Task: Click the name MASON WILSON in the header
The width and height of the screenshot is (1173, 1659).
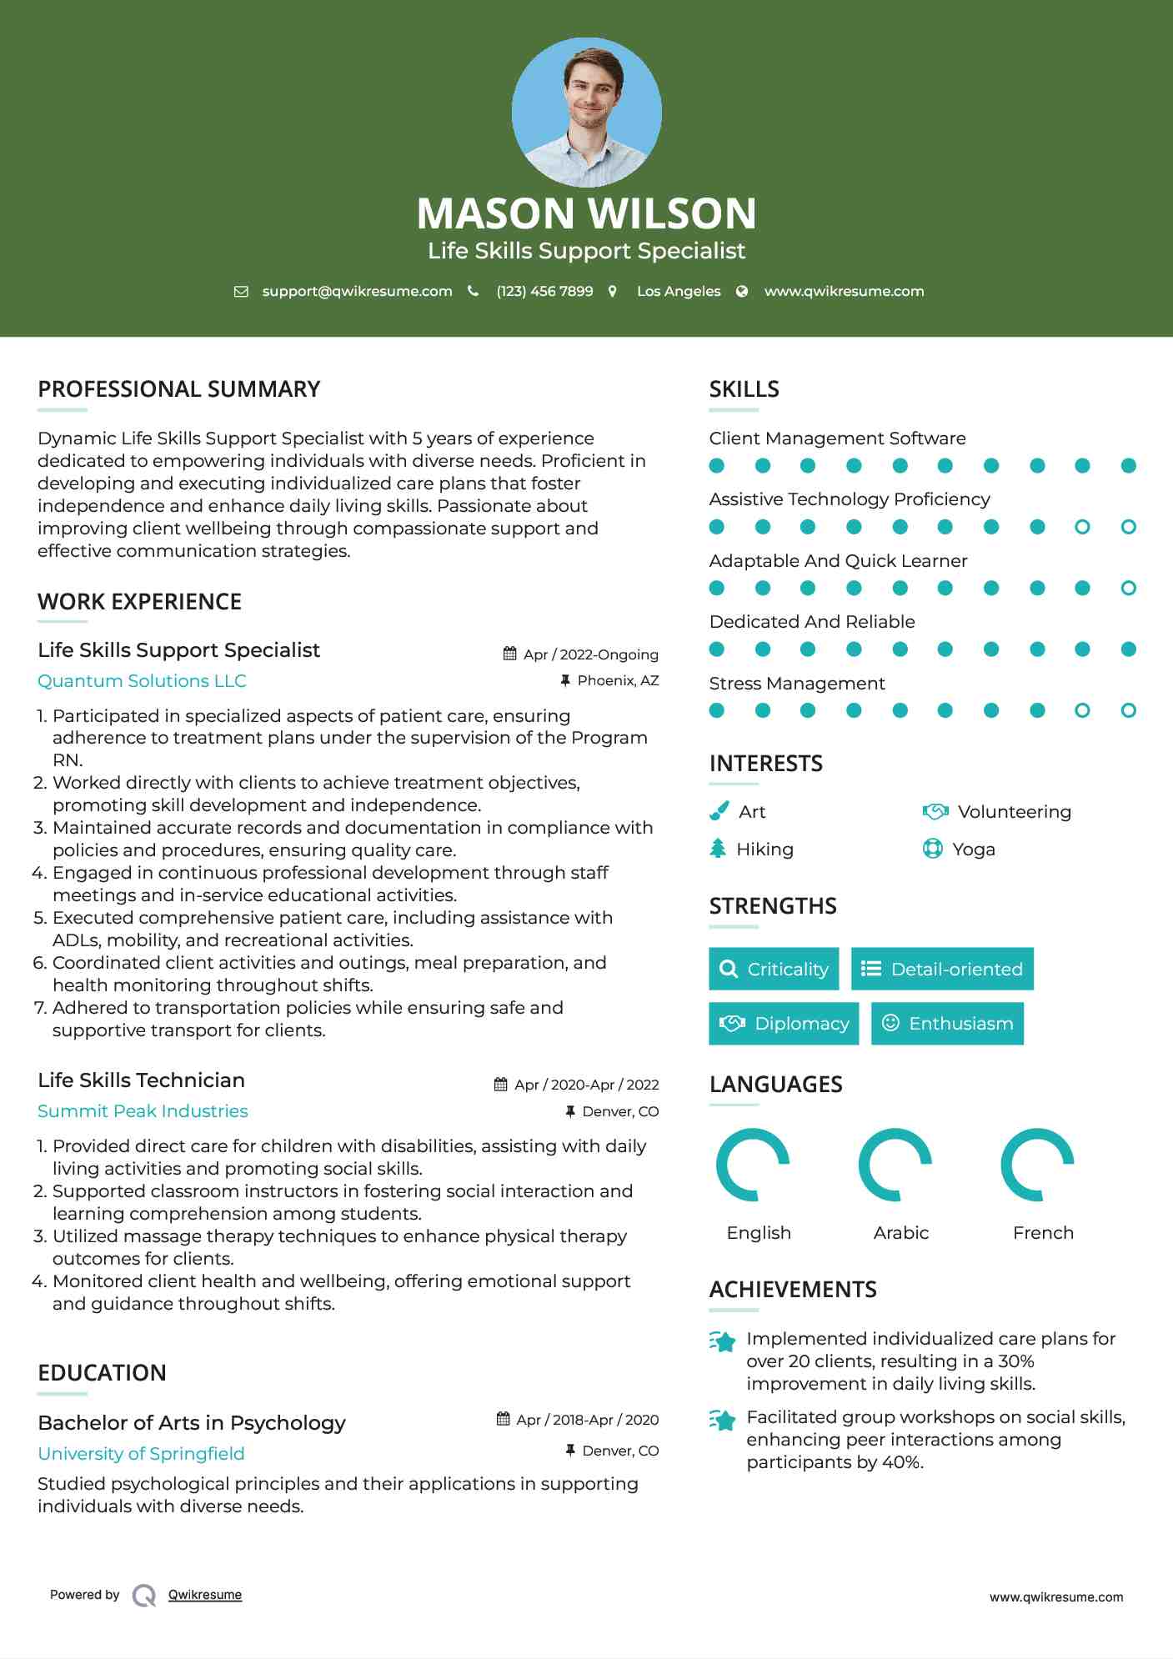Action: tap(586, 213)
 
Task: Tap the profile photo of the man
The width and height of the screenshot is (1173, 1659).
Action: tap(586, 112)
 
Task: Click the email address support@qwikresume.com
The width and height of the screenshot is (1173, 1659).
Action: tap(357, 291)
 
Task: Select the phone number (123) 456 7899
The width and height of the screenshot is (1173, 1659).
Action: tap(544, 291)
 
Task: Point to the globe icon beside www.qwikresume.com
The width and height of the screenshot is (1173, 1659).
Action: tap(742, 291)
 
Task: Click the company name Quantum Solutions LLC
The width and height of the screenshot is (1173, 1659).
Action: tap(142, 681)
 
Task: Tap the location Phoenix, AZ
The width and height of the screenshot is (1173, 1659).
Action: tap(618, 680)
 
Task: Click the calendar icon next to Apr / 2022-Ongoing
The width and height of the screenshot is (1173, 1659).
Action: tap(510, 654)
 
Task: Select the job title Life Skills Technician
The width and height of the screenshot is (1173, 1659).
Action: tap(141, 1080)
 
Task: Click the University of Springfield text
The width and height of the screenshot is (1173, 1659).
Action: tap(141, 1454)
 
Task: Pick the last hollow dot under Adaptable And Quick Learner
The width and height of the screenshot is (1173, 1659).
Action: tap(1128, 588)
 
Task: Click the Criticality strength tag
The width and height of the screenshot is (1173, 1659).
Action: tap(774, 969)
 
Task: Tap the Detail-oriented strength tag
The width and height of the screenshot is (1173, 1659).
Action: tap(942, 969)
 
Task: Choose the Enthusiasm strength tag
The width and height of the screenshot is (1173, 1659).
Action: tap(947, 1023)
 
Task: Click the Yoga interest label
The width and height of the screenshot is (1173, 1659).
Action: tap(974, 850)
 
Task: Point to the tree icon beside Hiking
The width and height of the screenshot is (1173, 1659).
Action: tap(718, 849)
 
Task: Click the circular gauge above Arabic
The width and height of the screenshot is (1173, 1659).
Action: tap(895, 1165)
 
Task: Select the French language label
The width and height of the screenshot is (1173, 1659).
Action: tap(1043, 1233)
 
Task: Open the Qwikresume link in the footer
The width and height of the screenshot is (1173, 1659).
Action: tap(205, 1595)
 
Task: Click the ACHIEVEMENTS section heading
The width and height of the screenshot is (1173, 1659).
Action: tap(793, 1290)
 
